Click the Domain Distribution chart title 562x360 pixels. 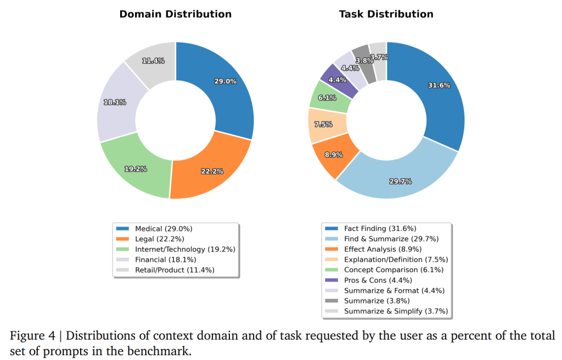175,14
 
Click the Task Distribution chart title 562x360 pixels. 386,14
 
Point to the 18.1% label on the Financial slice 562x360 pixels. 115,102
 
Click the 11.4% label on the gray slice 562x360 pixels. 153,61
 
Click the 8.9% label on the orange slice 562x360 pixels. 334,155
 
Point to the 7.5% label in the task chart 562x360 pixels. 323,125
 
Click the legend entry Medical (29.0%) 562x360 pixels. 164,228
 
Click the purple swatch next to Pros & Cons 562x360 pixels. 331,280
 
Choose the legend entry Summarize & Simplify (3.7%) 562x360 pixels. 396,311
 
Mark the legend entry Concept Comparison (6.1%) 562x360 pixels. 394,270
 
